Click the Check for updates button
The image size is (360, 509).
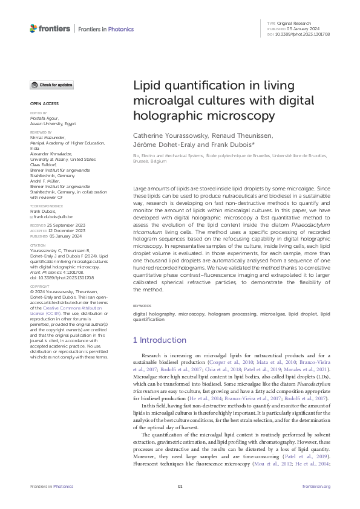click(x=51, y=85)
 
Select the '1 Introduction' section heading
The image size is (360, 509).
click(x=160, y=340)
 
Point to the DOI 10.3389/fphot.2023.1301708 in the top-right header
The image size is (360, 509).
click(x=303, y=34)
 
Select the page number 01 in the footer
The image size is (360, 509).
click(x=180, y=486)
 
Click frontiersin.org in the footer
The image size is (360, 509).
click(x=316, y=486)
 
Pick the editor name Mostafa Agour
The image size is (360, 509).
click(x=44, y=117)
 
